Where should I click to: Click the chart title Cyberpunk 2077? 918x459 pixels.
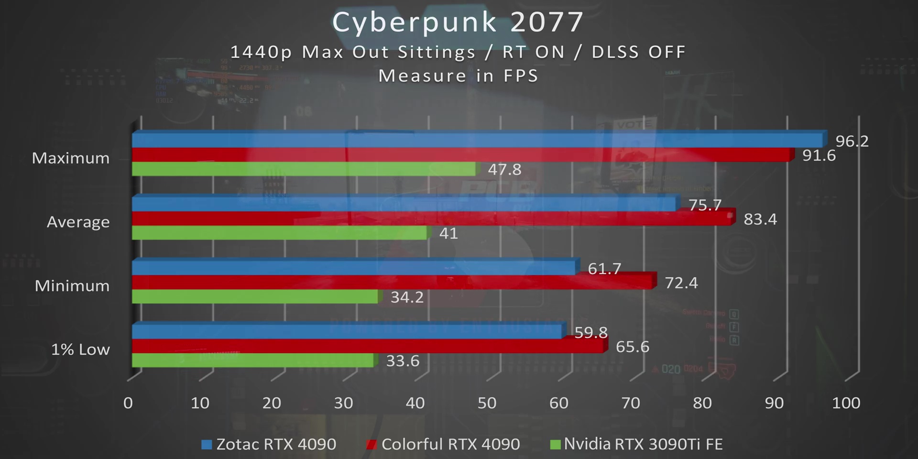458,22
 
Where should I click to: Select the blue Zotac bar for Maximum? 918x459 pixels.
478,140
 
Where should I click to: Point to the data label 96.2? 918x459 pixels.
852,141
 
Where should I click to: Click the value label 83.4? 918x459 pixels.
760,219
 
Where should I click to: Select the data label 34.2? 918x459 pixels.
407,297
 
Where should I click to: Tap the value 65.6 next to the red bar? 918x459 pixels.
632,347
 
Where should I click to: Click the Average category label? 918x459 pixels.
78,222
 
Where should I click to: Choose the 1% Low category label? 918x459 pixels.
80,350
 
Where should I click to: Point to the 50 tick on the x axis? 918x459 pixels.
487,403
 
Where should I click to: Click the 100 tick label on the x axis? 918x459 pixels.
846,403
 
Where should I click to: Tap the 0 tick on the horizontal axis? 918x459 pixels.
128,403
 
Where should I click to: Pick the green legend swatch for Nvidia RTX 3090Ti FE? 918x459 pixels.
555,445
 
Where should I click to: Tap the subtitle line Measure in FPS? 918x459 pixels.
458,76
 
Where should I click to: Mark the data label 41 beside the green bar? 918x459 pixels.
448,234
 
